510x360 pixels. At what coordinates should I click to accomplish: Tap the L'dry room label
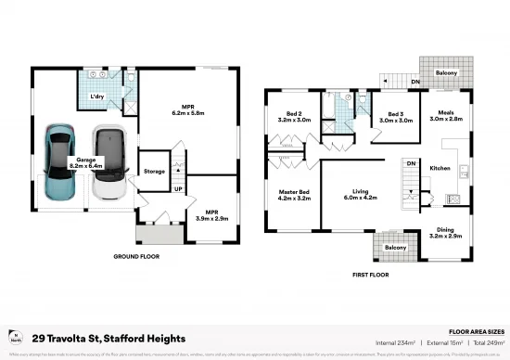coord(96,96)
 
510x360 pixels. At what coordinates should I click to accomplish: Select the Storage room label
coord(154,171)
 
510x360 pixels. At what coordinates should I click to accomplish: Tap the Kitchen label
coord(440,168)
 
